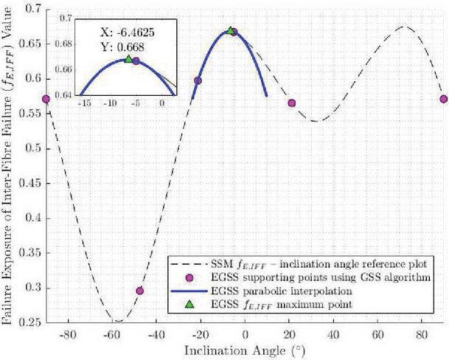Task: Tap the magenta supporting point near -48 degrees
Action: (x=139, y=291)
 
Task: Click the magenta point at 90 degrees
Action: (x=444, y=99)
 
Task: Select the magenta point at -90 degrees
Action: (x=46, y=99)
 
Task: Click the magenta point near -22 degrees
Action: (x=197, y=80)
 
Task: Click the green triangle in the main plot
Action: (x=231, y=31)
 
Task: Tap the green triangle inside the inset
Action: (x=128, y=58)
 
